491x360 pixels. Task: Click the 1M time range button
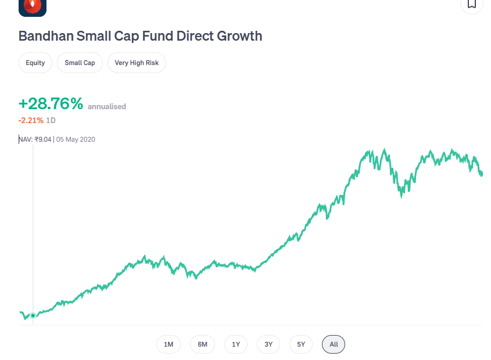tap(169, 344)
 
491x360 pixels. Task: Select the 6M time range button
tap(202, 344)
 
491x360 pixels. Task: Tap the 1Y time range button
tap(236, 344)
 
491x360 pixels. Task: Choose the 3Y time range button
tap(268, 344)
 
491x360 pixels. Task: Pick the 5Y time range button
tap(301, 344)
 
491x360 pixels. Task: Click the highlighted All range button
tap(334, 344)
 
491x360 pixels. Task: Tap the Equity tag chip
tap(35, 63)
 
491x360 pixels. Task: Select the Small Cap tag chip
tap(80, 63)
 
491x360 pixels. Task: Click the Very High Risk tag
tap(137, 63)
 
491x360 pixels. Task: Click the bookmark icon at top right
tap(471, 4)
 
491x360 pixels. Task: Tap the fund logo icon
tap(33, 6)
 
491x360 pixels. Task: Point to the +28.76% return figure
tap(51, 104)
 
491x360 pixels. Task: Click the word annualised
tap(107, 107)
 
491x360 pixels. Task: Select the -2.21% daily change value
tap(31, 120)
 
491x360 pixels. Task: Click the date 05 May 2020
tap(76, 139)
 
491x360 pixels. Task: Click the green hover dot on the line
tap(33, 315)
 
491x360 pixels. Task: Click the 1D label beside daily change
tap(51, 120)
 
